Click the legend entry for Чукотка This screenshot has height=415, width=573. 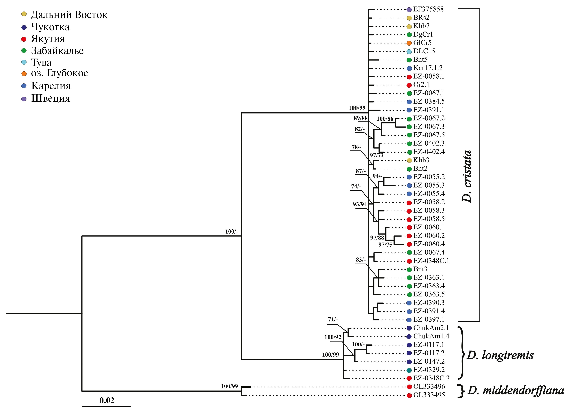point(50,27)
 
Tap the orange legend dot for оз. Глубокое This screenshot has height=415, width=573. point(24,74)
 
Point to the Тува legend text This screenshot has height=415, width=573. point(41,62)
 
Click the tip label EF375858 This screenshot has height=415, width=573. point(428,9)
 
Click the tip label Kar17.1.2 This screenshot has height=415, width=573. point(428,68)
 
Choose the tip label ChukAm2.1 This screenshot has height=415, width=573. point(431,328)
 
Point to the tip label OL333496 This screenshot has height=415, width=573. point(429,387)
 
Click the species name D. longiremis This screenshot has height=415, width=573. point(500,355)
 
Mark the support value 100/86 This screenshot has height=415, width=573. point(385,119)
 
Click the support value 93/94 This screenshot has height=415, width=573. point(360,204)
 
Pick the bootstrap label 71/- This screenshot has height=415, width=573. point(333,319)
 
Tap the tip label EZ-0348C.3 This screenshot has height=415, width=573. point(431,378)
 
